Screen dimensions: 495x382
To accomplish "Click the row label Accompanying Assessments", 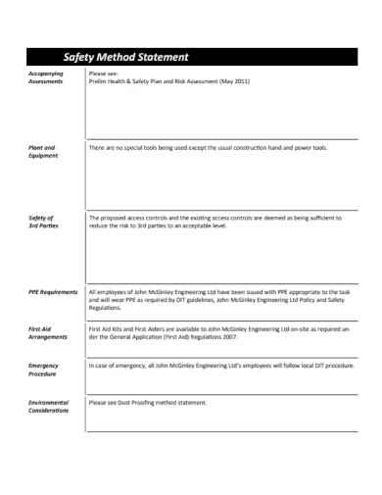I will coord(46,77).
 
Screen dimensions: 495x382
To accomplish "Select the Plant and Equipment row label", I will coord(42,151).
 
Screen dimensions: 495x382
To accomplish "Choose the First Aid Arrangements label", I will coord(47,332).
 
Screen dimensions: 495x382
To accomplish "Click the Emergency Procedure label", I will coord(44,369).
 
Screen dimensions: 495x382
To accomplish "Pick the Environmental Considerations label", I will coord(48,405).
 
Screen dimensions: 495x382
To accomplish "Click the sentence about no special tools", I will coord(208,147).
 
